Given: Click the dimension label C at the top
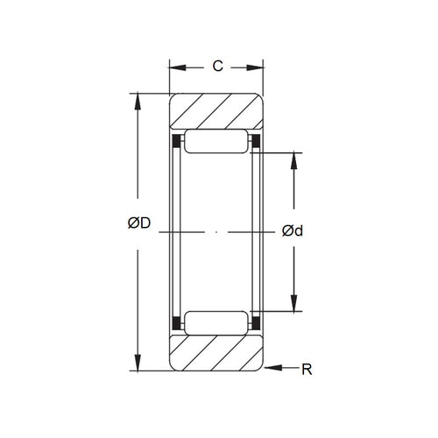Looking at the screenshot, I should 216,66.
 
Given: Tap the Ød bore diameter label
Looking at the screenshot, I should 293,231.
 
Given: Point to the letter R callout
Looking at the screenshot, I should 307,370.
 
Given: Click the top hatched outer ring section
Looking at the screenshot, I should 216,112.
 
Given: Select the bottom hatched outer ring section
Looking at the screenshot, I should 216,352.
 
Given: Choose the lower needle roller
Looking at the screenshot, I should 216,321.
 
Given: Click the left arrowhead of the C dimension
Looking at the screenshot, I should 174,66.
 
